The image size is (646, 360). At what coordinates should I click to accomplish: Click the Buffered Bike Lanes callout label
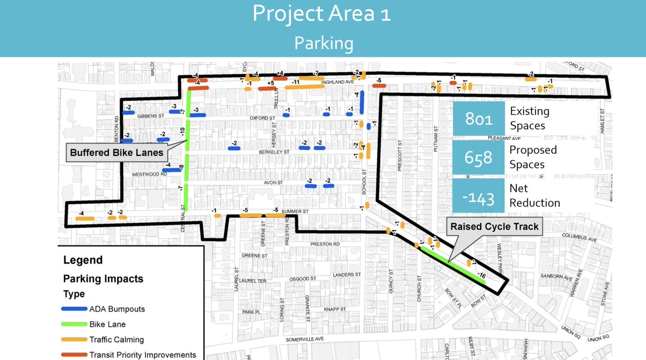point(117,152)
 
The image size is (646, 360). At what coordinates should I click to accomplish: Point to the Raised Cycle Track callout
point(494,227)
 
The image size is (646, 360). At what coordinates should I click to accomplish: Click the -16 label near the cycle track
point(481,276)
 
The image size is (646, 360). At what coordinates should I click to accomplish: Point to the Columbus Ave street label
point(579,236)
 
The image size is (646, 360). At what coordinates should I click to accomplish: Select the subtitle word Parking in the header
point(324,43)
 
